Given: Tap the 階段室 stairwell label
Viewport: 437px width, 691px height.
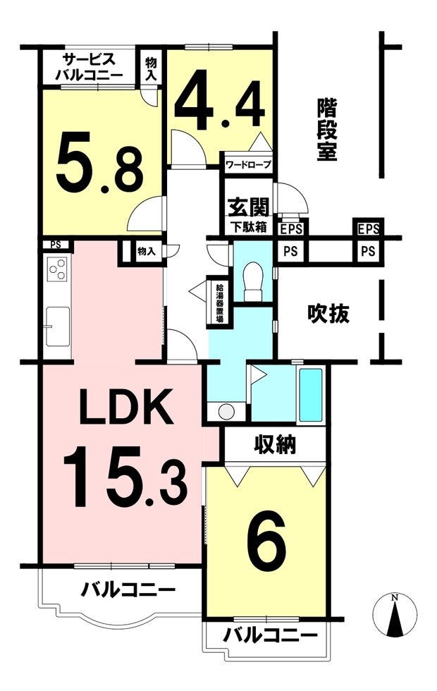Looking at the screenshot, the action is [x=327, y=129].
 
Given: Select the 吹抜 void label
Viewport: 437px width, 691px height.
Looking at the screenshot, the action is [x=328, y=313].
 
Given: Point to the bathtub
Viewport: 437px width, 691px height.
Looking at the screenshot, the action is [x=311, y=395].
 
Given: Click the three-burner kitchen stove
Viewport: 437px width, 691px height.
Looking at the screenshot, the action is [x=58, y=269].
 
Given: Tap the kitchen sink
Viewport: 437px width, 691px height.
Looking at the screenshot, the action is [x=58, y=326].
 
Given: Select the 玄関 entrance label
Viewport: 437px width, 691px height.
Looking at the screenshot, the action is [x=248, y=207].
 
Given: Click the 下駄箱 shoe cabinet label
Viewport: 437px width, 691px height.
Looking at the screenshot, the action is [x=249, y=227].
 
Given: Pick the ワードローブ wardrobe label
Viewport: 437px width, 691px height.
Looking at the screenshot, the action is [x=248, y=165].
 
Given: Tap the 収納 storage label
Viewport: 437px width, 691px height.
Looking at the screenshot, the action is [x=276, y=445].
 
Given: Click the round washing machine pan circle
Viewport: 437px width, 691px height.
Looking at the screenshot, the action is [x=227, y=412].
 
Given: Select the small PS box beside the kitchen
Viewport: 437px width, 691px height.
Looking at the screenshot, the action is [x=56, y=245].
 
